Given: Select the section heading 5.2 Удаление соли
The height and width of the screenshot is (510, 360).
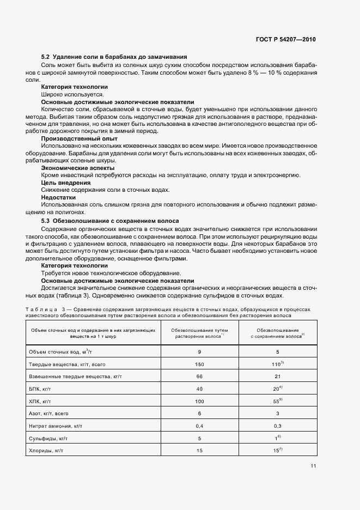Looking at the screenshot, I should pyautogui.click(x=114, y=57).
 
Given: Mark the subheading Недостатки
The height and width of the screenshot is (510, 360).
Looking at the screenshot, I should pyautogui.click(x=59, y=197).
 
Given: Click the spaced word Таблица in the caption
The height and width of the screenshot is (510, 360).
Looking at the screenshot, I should pyautogui.click(x=44, y=309).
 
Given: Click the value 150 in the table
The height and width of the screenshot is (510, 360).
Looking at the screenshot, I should pyautogui.click(x=199, y=363).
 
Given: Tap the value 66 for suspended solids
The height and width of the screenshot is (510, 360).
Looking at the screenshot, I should pyautogui.click(x=199, y=376).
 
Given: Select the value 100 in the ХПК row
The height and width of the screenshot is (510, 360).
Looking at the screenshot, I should pyautogui.click(x=199, y=400).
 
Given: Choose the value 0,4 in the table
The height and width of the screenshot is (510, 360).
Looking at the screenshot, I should pyautogui.click(x=199, y=425).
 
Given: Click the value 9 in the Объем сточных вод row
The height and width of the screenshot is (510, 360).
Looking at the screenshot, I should pyautogui.click(x=199, y=351).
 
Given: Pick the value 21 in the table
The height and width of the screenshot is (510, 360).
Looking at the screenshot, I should pyautogui.click(x=278, y=376).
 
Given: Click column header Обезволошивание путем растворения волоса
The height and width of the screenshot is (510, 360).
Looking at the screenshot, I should pyautogui.click(x=199, y=333).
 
